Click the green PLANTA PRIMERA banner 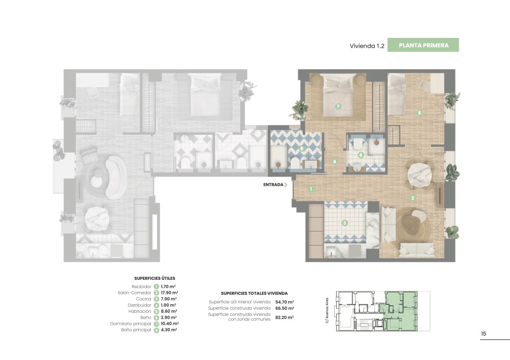pos(423,45)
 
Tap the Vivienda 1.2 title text pos(367,46)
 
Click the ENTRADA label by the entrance pos(273,185)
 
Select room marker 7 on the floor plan pos(338,107)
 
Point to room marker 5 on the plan pos(419,113)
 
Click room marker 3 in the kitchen pos(345,223)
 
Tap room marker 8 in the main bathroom pos(302,148)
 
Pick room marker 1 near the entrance pos(311,189)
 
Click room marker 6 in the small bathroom pos(361,155)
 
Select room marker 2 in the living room pos(413,198)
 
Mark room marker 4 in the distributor pos(334,161)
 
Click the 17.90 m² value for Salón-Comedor pos(169,293)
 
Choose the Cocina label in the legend pos(144,299)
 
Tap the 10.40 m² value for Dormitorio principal pos(169,324)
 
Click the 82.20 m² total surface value pos(284,317)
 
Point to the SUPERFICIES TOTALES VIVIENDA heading pos(254,293)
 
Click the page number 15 pos(484,334)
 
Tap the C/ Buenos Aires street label pos(327,311)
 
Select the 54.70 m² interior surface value pos(284,302)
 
